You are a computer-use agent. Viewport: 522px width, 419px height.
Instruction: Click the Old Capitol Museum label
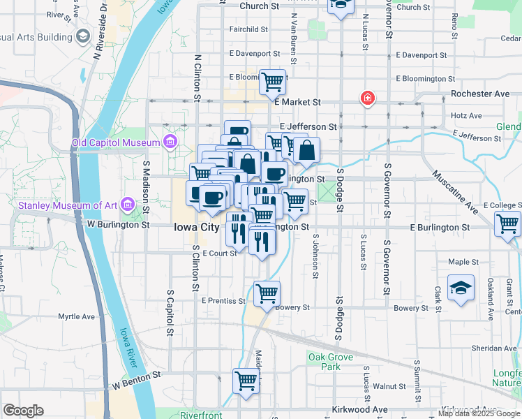point(117,143)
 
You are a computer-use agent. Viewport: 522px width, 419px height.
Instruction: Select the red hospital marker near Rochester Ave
point(366,98)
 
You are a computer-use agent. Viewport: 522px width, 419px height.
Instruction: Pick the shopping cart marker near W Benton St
point(245,381)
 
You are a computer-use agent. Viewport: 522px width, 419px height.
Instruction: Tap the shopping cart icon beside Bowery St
point(267,293)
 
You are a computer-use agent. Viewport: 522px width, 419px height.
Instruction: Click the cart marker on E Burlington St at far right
point(507,223)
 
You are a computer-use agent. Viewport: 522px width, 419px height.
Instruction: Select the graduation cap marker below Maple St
point(461,288)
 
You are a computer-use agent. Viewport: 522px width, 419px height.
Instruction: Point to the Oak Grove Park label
point(325,362)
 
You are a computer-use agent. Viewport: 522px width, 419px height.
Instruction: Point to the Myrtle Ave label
point(76,316)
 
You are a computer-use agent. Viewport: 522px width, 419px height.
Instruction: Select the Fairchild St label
point(248,29)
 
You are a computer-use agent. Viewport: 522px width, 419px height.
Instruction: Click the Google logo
point(23,410)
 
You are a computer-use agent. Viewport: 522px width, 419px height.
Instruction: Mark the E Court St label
point(221,253)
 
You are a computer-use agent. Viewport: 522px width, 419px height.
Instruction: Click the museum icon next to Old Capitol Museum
point(170,143)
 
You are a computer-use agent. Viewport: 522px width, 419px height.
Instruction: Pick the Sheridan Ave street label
point(494,348)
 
